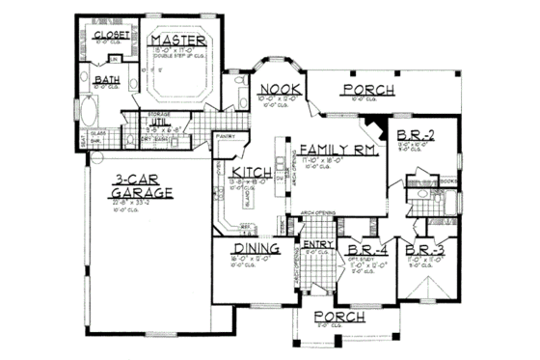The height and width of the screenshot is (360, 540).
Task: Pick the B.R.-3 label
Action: (426, 248)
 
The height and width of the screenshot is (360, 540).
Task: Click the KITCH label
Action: (249, 175)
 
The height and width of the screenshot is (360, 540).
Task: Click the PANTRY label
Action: (226, 136)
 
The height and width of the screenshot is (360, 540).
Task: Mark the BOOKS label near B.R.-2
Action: (445, 180)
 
